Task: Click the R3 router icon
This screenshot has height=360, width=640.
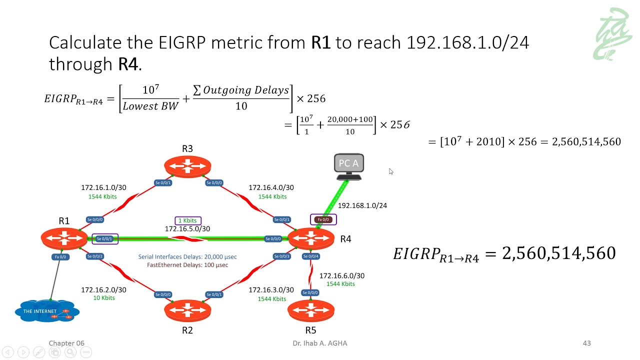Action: pyautogui.click(x=187, y=166)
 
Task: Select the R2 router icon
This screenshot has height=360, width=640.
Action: pyautogui.click(x=187, y=310)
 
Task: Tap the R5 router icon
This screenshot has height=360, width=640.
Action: pyautogui.click(x=310, y=310)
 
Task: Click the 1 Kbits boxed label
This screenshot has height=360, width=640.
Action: pyautogui.click(x=188, y=220)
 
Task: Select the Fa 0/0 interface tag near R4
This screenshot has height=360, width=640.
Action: pyautogui.click(x=323, y=219)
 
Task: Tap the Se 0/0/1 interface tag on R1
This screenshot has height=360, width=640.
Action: pyautogui.click(x=104, y=239)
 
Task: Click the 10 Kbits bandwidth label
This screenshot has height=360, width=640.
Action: pyautogui.click(x=104, y=298)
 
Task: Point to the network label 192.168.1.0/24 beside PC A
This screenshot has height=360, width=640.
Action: pyautogui.click(x=362, y=205)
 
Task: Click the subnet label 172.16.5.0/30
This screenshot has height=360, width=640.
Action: pyautogui.click(x=187, y=229)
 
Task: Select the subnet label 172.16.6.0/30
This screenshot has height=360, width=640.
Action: pyautogui.click(x=341, y=275)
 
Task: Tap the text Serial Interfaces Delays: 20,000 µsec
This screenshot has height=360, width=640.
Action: pyautogui.click(x=187, y=256)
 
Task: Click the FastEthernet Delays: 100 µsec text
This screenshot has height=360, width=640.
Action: pyautogui.click(x=187, y=265)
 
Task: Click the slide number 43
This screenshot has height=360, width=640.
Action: pyautogui.click(x=587, y=343)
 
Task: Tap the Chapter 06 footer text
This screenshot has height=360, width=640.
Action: pyautogui.click(x=66, y=343)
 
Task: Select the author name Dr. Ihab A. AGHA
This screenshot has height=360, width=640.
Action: pyautogui.click(x=319, y=343)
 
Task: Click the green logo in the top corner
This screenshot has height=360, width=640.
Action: pyautogui.click(x=612, y=34)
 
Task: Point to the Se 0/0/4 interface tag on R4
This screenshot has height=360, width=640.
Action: pyautogui.click(x=310, y=256)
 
